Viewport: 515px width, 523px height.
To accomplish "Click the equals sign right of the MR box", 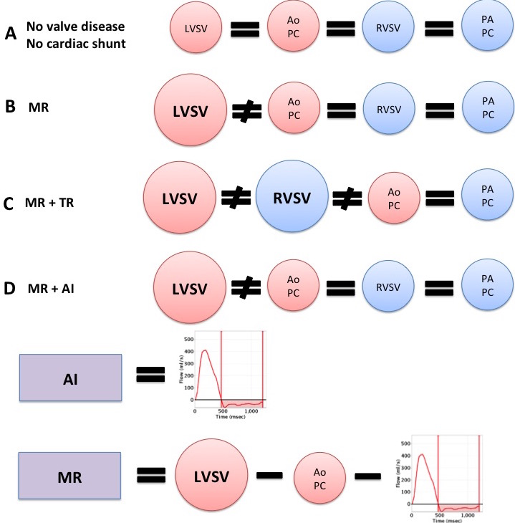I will (151, 475).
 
